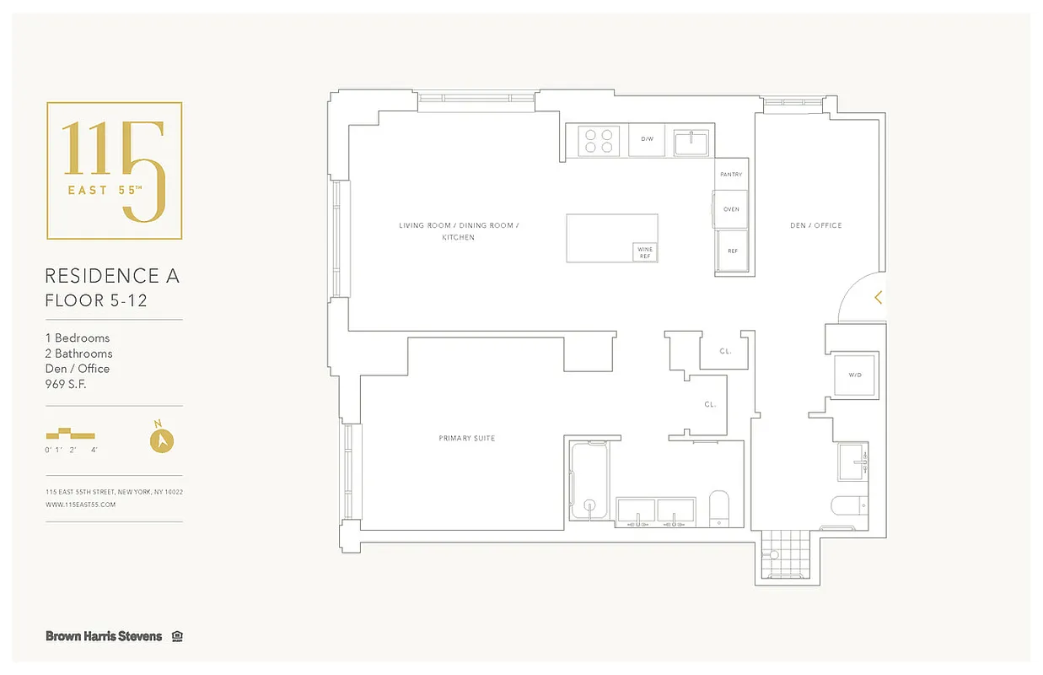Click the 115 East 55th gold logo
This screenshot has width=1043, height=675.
pos(114,171)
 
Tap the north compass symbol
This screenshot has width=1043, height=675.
pos(161,440)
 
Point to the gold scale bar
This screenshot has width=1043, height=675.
pos(71,435)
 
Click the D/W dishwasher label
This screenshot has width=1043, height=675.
pos(647,139)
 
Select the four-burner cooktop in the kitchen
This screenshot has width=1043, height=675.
pos(598,140)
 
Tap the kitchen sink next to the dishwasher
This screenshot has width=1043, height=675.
pos(694,142)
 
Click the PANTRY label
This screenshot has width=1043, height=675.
pos(731,175)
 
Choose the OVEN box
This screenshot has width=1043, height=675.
pos(731,208)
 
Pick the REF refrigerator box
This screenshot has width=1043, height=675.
pos(732,251)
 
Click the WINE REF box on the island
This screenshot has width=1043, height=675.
pos(644,252)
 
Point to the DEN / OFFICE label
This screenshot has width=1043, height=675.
pos(815,225)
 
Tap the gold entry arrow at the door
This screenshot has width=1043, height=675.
pos(878,297)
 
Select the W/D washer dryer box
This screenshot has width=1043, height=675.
pos(854,375)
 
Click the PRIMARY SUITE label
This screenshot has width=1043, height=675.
pos(466,438)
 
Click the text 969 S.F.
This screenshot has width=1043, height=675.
pos(66,384)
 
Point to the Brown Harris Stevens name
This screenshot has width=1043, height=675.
pos(104,636)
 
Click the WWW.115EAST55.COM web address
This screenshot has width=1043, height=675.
pos(80,505)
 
